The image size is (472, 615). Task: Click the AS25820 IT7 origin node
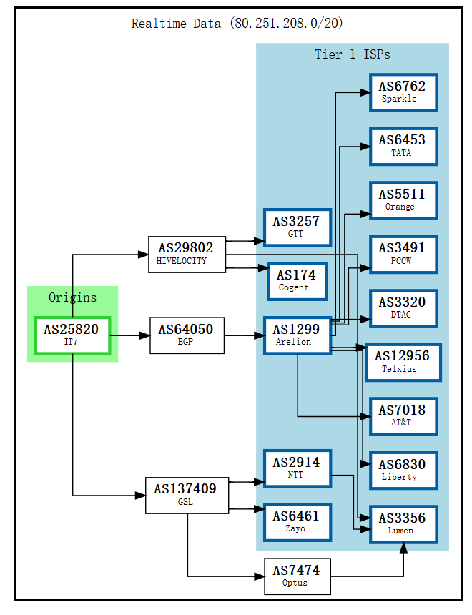tap(72, 335)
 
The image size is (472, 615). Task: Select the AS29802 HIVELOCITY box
tap(187, 254)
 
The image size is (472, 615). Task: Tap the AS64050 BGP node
tap(187, 335)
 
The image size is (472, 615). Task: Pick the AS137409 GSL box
tap(187, 495)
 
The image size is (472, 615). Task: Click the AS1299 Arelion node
tap(297, 335)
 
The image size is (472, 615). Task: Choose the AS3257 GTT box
tap(297, 227)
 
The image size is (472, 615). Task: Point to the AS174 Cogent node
tap(297, 281)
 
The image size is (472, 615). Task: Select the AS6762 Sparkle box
tap(403, 92)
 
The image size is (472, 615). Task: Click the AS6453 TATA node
tap(403, 146)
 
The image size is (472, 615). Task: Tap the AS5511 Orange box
tap(403, 200)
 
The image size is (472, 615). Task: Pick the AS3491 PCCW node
tap(403, 254)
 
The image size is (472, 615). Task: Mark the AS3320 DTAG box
tap(403, 308)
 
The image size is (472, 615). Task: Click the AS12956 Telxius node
tap(403, 362)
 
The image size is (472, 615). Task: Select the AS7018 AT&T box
tap(403, 416)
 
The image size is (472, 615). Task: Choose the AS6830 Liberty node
tap(403, 470)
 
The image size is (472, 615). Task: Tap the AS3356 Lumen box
tap(403, 524)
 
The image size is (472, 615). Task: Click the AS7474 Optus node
tap(297, 576)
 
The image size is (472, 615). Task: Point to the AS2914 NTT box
tap(297, 468)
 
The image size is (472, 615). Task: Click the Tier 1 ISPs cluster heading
tap(352, 54)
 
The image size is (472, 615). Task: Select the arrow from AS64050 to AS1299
tap(244, 335)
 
